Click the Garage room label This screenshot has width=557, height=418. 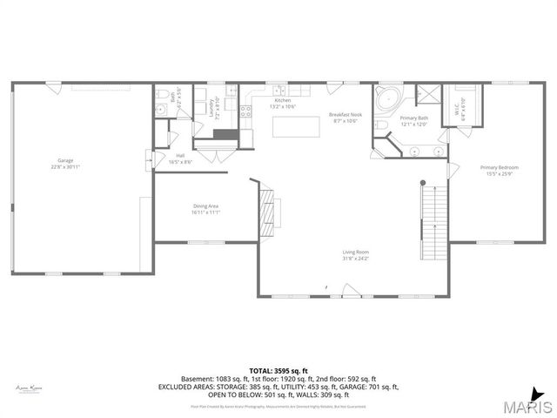coord(65,160)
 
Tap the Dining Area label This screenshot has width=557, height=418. coord(206,206)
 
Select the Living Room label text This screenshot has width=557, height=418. coord(355,253)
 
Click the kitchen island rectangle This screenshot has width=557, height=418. coord(295,127)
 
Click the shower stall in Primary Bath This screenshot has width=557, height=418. coord(428,94)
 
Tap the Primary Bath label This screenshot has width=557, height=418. coord(413,118)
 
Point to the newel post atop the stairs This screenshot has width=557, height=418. coord(423,183)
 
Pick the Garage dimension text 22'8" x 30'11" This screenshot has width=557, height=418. coord(65,166)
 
